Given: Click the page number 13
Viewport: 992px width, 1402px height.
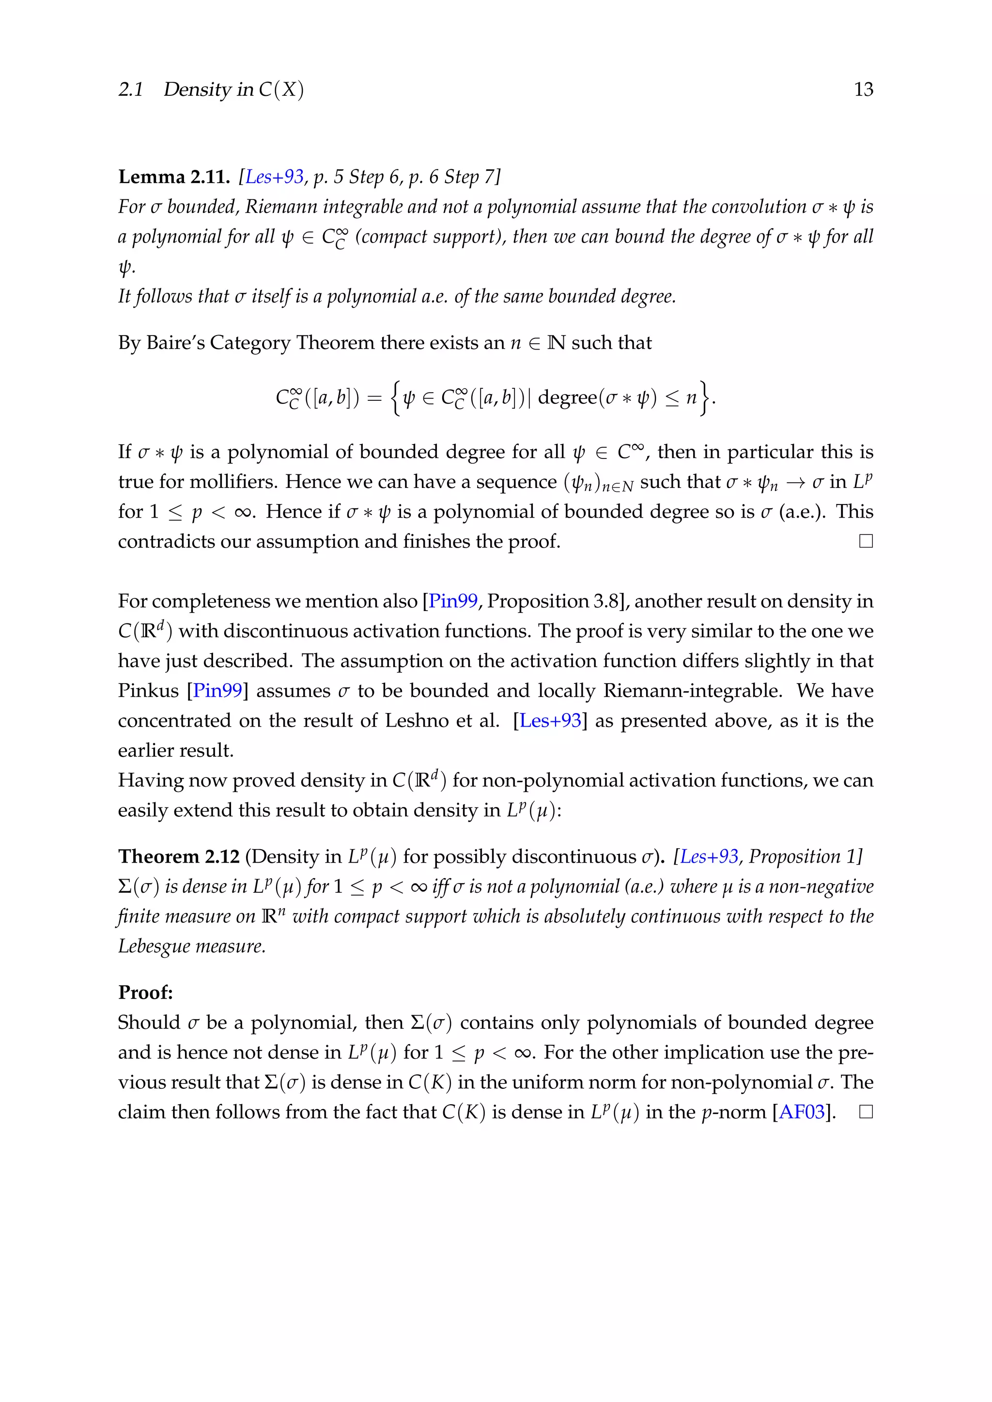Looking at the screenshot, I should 863,89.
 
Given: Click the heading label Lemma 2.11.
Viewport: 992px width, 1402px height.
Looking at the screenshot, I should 173,177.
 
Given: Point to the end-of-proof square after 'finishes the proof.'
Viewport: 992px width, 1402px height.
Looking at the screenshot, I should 866,541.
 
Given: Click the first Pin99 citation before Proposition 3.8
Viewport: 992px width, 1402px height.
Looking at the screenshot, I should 452,601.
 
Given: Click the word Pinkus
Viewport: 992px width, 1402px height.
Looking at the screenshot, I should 148,691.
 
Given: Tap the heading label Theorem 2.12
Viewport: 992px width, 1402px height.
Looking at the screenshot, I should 178,857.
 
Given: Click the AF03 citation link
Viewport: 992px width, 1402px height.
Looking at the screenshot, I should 802,1112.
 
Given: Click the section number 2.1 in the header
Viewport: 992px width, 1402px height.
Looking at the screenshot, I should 130,90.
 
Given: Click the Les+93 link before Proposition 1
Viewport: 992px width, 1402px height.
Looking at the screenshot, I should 709,857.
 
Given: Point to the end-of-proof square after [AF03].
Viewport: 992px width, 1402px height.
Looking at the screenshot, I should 866,1112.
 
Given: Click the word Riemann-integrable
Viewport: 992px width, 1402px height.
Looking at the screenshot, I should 692,691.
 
